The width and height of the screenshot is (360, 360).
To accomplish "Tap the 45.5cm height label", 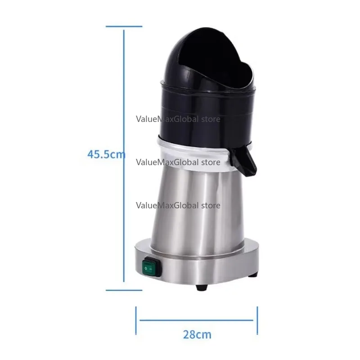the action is point(106,154).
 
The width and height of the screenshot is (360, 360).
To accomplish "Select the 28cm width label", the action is point(197,334).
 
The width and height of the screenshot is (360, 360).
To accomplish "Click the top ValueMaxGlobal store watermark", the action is point(178,119).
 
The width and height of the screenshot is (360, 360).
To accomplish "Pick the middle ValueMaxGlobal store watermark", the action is point(178,162).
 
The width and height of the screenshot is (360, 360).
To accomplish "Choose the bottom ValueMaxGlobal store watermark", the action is point(178,205).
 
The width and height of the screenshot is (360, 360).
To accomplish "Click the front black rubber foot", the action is point(202,287).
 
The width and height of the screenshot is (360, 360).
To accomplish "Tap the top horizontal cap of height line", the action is point(124,27).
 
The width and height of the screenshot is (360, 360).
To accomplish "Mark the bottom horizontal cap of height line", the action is point(124,290).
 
